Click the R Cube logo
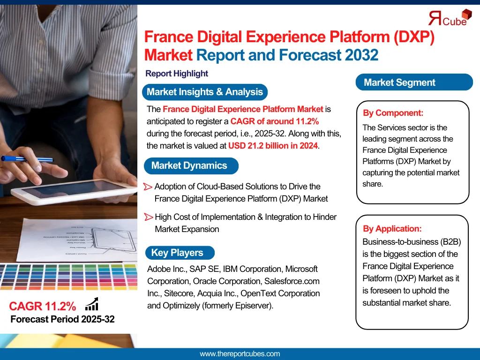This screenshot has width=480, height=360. tap(450, 18)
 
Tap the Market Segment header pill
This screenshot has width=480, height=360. tap(414, 82)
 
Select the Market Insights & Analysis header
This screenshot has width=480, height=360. tap(205, 92)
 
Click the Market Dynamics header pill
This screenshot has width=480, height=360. tap(191, 165)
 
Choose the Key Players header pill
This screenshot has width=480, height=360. tap(180, 253)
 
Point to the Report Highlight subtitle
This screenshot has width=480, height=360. tap(177, 74)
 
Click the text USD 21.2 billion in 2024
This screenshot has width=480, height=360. tap(273, 146)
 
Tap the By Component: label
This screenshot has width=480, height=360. tap(393, 113)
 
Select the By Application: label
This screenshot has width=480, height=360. tap(392, 229)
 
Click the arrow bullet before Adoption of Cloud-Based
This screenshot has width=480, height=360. tap(148, 187)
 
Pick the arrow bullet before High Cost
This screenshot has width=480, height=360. tap(149, 217)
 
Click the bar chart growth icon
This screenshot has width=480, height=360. tap(92, 304)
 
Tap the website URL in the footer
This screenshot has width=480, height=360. tap(240, 354)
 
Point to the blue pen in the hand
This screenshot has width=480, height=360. tap(27, 159)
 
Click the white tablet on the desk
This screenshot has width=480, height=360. tap(74, 191)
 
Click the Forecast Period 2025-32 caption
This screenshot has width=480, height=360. tap(62, 319)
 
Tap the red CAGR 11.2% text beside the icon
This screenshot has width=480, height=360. tap(43, 306)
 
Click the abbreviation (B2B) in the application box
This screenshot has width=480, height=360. tap(450, 242)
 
